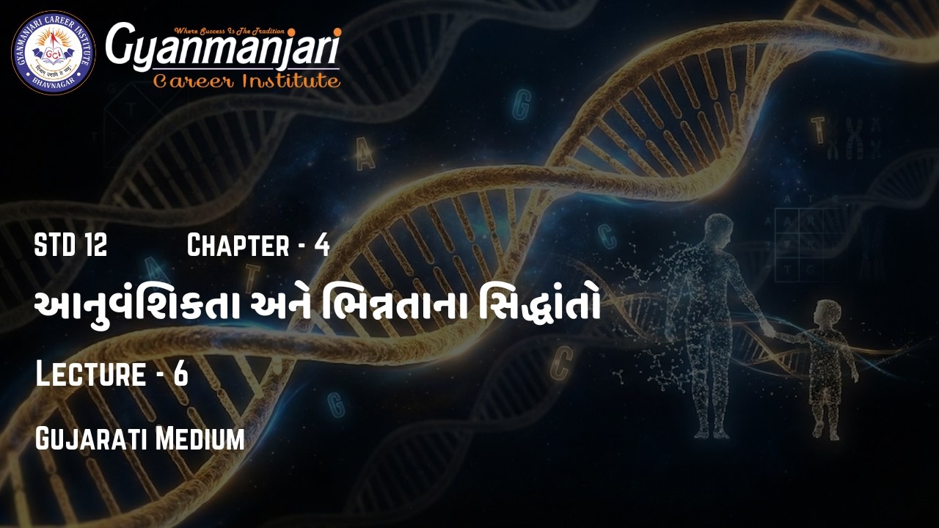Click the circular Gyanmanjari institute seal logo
point(53,53)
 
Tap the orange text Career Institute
point(246,81)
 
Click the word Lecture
point(90,374)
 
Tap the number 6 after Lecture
point(180,374)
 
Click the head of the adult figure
point(718,229)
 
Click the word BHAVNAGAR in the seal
point(53,83)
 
